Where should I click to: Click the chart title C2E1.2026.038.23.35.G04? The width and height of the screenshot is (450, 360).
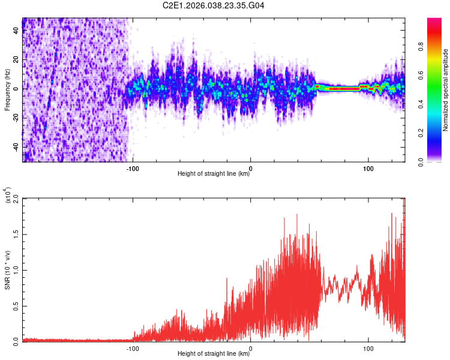tap(213, 5)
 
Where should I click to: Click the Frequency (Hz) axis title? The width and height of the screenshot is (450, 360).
tap(7, 89)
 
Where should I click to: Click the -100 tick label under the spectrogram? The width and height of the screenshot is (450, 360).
tap(133, 167)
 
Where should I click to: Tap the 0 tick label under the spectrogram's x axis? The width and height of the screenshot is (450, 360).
tap(250, 167)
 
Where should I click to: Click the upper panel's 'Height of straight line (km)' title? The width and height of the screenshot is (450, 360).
tap(213, 174)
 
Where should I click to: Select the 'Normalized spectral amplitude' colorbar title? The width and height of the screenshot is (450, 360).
tap(446, 89)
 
